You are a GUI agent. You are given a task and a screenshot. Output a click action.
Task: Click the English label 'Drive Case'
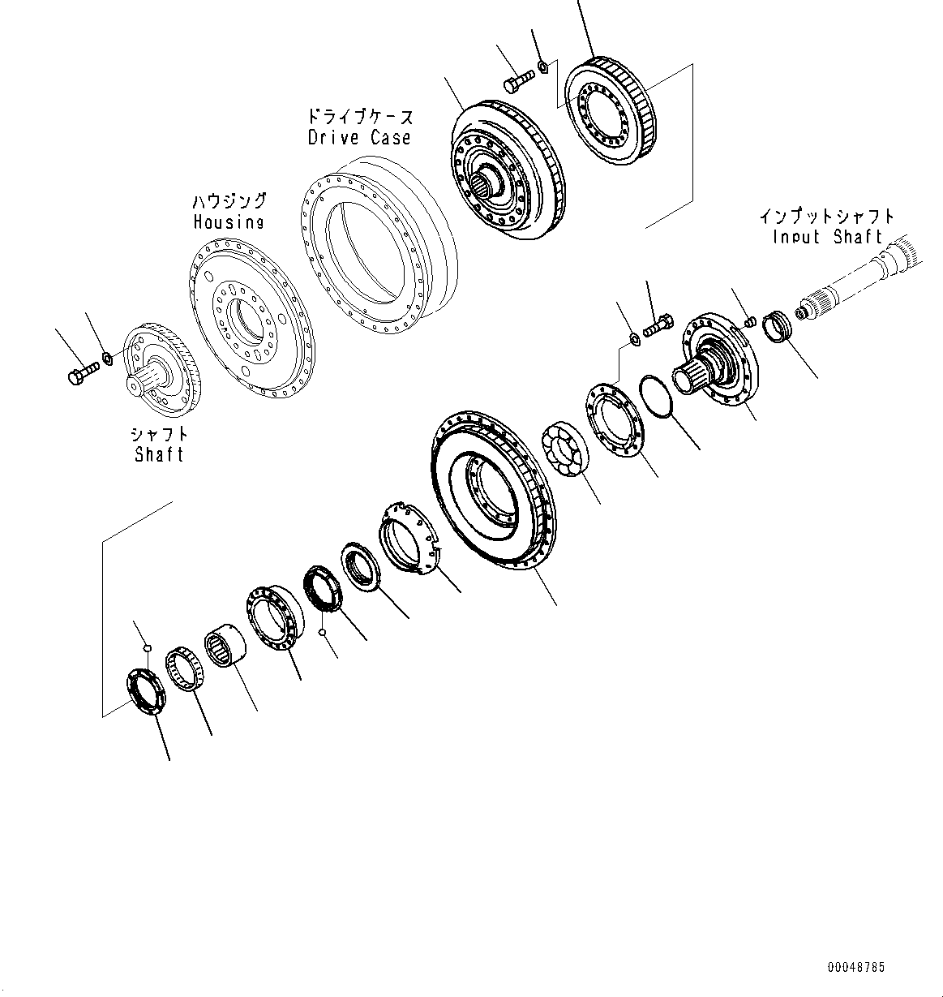[x=359, y=137]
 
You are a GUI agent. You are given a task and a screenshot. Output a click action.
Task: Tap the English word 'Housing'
[x=228, y=221]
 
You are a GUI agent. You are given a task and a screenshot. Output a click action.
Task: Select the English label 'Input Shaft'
[x=827, y=237]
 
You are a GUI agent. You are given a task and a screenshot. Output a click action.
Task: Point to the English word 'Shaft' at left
[x=160, y=454]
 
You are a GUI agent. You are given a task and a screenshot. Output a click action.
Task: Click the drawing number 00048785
[x=856, y=967]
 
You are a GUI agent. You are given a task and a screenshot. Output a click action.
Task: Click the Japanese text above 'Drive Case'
[x=359, y=116]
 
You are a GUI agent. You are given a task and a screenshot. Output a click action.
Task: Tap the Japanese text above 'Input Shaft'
[x=827, y=217]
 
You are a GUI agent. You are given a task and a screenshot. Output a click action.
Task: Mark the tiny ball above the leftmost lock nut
[x=146, y=647]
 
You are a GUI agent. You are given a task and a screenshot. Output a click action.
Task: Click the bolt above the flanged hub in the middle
[x=656, y=327]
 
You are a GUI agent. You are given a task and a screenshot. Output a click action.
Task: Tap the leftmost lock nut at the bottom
[x=147, y=690]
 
